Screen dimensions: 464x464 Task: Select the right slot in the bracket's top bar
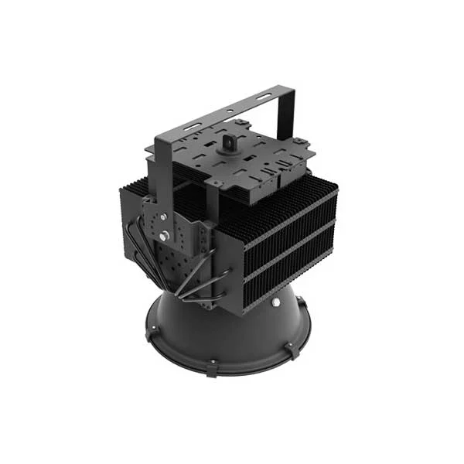(264, 96)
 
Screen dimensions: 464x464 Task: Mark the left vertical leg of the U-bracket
(161, 166)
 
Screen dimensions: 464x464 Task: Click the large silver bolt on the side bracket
(164, 234)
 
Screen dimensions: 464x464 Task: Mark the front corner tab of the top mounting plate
(218, 184)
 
